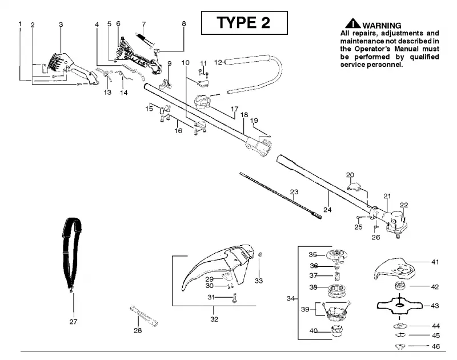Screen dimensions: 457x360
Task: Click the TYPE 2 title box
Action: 244,23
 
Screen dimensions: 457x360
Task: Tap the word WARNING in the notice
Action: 382,26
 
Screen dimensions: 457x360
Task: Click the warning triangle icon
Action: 353,23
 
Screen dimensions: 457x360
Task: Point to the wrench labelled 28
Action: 144,315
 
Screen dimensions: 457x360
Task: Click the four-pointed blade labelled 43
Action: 399,305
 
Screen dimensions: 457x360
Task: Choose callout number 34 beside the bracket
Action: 291,298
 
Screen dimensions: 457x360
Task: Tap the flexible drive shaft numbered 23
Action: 280,195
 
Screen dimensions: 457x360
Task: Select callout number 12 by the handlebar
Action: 218,62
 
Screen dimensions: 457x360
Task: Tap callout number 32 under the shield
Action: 214,319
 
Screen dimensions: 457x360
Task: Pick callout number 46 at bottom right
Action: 435,346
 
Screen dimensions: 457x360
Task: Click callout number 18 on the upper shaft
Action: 244,115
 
